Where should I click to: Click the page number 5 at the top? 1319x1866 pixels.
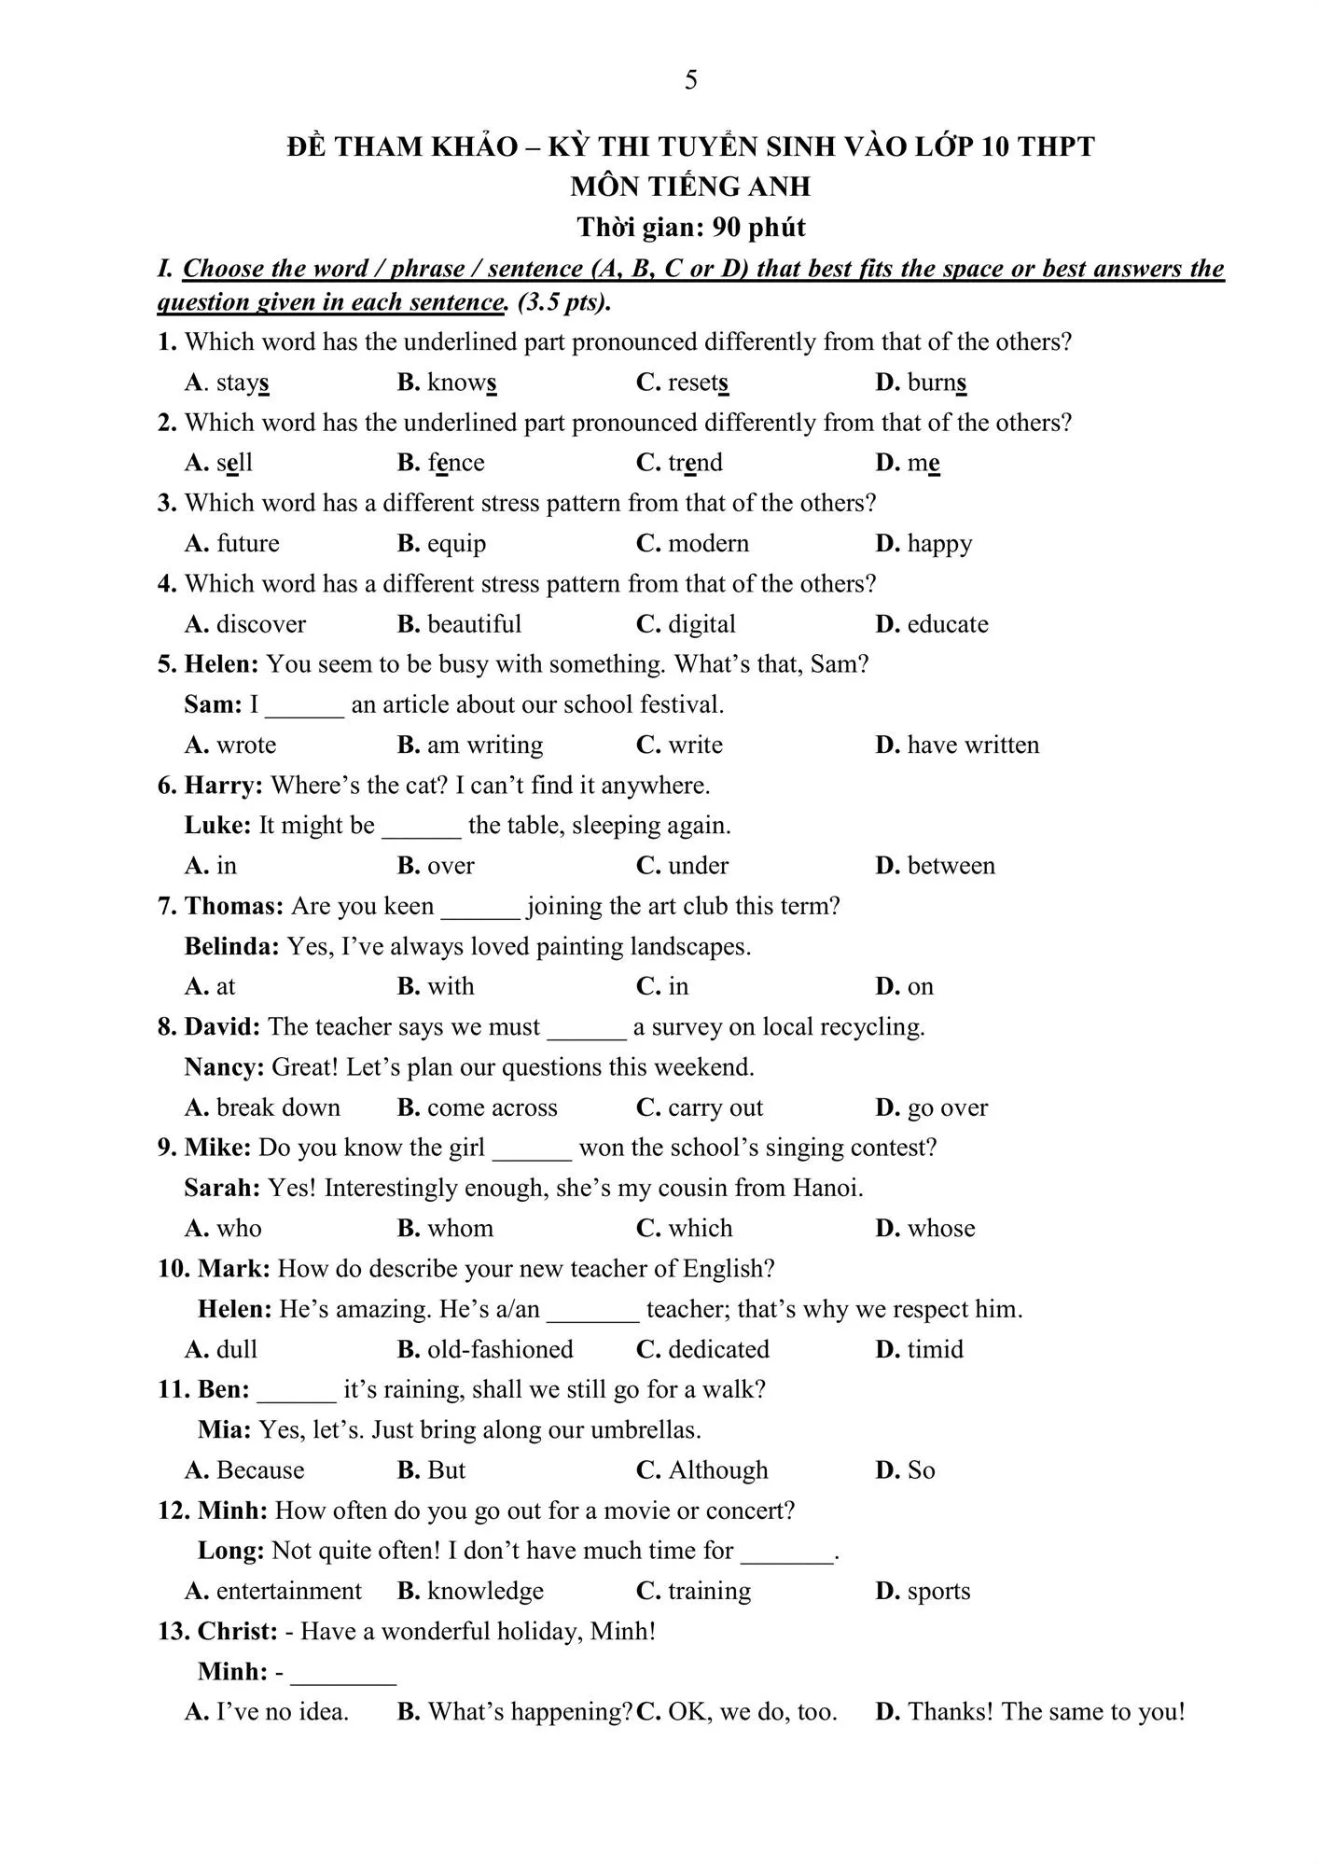click(x=690, y=80)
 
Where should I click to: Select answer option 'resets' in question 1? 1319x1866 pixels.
click(x=697, y=383)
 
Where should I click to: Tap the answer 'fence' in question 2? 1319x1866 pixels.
click(x=455, y=463)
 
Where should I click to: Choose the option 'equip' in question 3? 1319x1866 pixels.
click(x=456, y=543)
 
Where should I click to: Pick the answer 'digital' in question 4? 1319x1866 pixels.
click(x=701, y=624)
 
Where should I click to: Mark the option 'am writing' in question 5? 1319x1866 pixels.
click(x=484, y=745)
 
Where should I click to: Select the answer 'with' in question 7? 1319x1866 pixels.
click(x=451, y=986)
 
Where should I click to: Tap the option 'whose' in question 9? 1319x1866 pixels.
click(x=940, y=1228)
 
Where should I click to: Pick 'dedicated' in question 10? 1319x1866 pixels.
click(x=718, y=1349)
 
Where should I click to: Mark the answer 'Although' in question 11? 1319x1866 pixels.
click(x=717, y=1470)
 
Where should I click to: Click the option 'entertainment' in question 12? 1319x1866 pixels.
click(x=288, y=1591)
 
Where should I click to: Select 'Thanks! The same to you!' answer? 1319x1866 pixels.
click(x=1046, y=1712)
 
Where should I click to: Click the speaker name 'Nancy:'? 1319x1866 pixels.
click(x=224, y=1066)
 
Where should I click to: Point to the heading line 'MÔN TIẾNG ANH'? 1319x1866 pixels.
click(x=690, y=187)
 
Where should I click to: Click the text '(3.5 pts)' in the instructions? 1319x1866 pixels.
click(x=563, y=302)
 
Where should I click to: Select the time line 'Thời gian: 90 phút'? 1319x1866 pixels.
click(x=690, y=227)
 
